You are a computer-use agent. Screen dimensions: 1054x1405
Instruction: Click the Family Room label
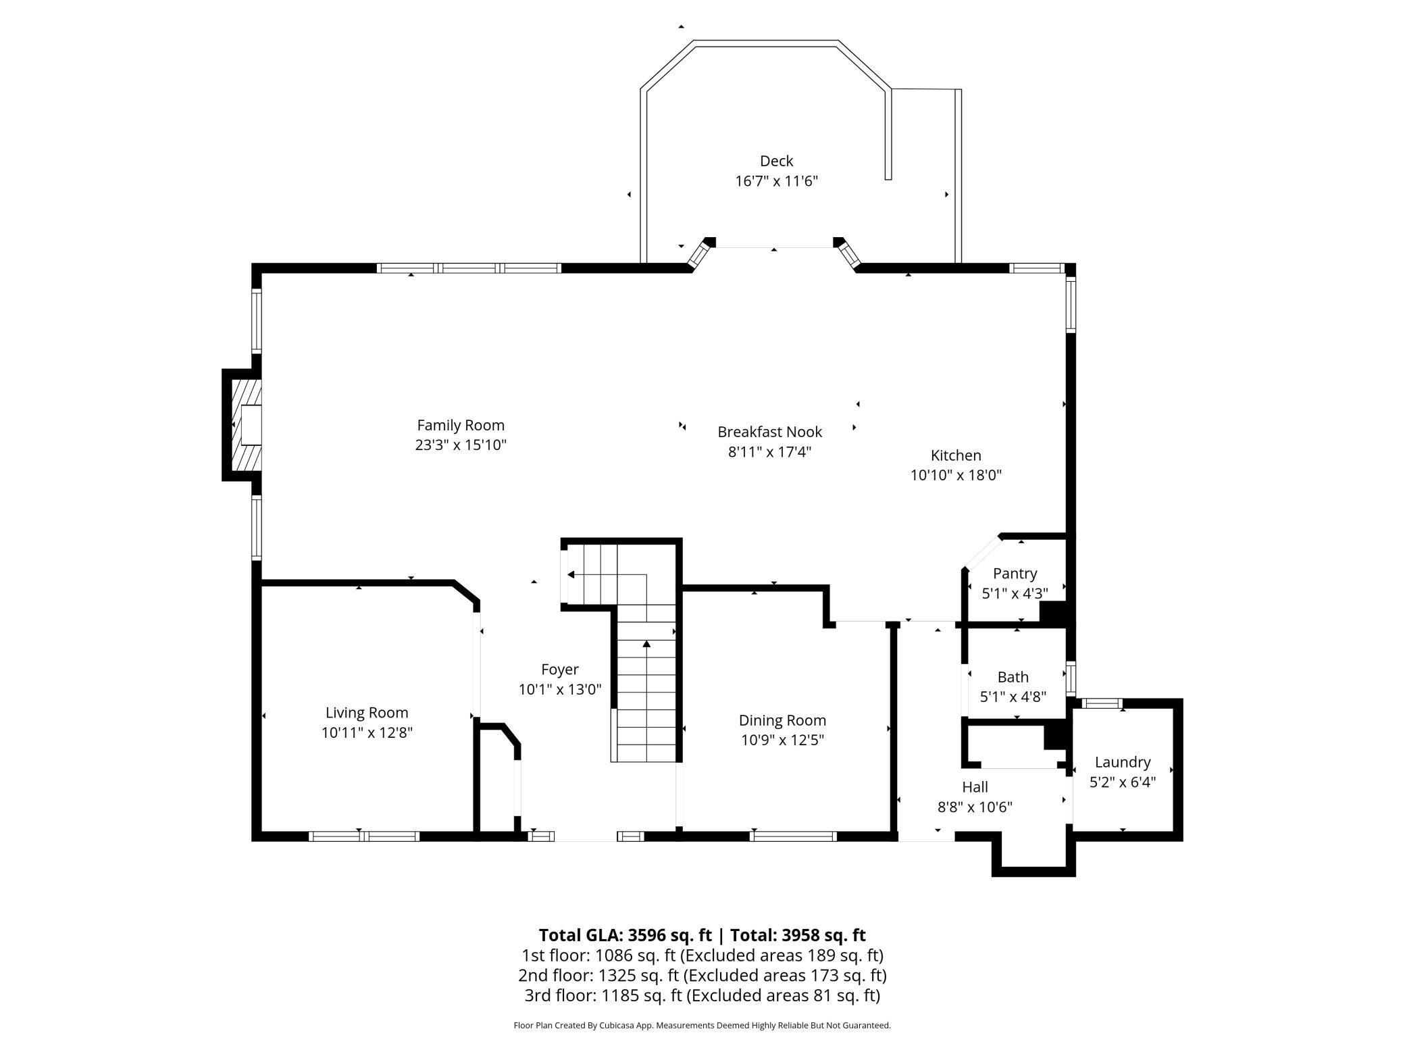[461, 426]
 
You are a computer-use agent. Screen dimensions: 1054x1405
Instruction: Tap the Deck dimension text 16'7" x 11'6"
[776, 181]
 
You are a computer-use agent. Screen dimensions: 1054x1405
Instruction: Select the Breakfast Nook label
[769, 432]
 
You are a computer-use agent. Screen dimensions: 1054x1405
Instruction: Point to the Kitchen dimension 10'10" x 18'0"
[955, 475]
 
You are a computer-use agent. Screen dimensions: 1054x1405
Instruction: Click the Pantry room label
[1015, 574]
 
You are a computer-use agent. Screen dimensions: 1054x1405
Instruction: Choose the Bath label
[1013, 677]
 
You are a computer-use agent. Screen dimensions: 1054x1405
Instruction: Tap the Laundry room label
[1122, 762]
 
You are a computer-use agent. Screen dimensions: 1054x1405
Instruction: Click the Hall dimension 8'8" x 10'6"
[974, 807]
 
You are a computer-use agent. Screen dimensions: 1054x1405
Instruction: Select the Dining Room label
[782, 720]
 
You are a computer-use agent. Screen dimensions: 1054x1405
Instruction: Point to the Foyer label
[559, 670]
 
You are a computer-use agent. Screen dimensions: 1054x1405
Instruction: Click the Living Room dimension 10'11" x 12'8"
[367, 732]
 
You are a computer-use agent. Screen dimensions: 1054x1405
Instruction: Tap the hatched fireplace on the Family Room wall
[247, 424]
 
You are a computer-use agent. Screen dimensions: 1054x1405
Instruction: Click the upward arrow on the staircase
[646, 644]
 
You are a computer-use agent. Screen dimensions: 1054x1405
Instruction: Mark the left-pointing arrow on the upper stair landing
[571, 575]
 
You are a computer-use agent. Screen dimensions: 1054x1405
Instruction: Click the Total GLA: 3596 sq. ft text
[625, 935]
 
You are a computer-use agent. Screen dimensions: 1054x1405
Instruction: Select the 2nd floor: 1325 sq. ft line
[702, 976]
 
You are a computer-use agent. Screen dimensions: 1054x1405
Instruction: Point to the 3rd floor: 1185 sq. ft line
[702, 995]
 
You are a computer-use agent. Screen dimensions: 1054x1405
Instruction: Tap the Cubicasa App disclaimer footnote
[702, 1026]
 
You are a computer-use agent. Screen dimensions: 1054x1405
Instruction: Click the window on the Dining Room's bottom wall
[793, 836]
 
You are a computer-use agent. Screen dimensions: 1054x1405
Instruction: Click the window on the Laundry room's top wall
[1101, 703]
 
